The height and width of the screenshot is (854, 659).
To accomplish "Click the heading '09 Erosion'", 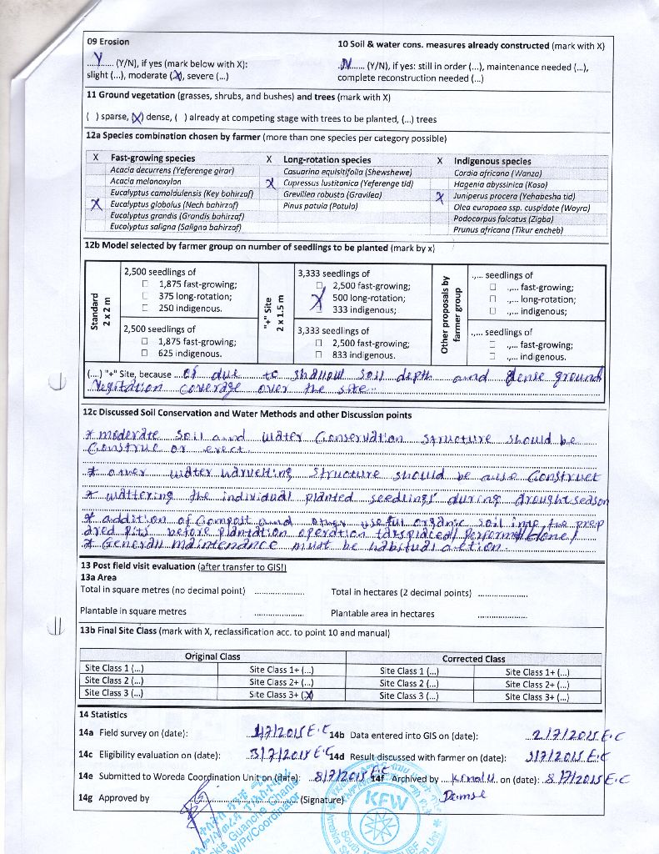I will point(108,41).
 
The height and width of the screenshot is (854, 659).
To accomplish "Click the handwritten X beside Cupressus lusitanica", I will point(269,183).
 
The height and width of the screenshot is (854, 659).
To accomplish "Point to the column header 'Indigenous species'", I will point(492,161).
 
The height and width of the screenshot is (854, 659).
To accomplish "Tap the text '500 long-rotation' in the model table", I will point(368,298).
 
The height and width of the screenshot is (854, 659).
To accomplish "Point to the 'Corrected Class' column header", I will point(473,659).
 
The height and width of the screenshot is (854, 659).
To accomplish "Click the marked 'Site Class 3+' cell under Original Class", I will point(282,695).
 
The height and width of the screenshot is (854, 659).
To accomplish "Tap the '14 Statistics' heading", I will point(103,715).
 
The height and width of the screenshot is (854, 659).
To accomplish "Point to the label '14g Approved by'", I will point(114,798).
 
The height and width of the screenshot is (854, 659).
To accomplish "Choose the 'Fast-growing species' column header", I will point(152,158).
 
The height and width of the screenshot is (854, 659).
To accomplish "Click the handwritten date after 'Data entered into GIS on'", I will point(570,735).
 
